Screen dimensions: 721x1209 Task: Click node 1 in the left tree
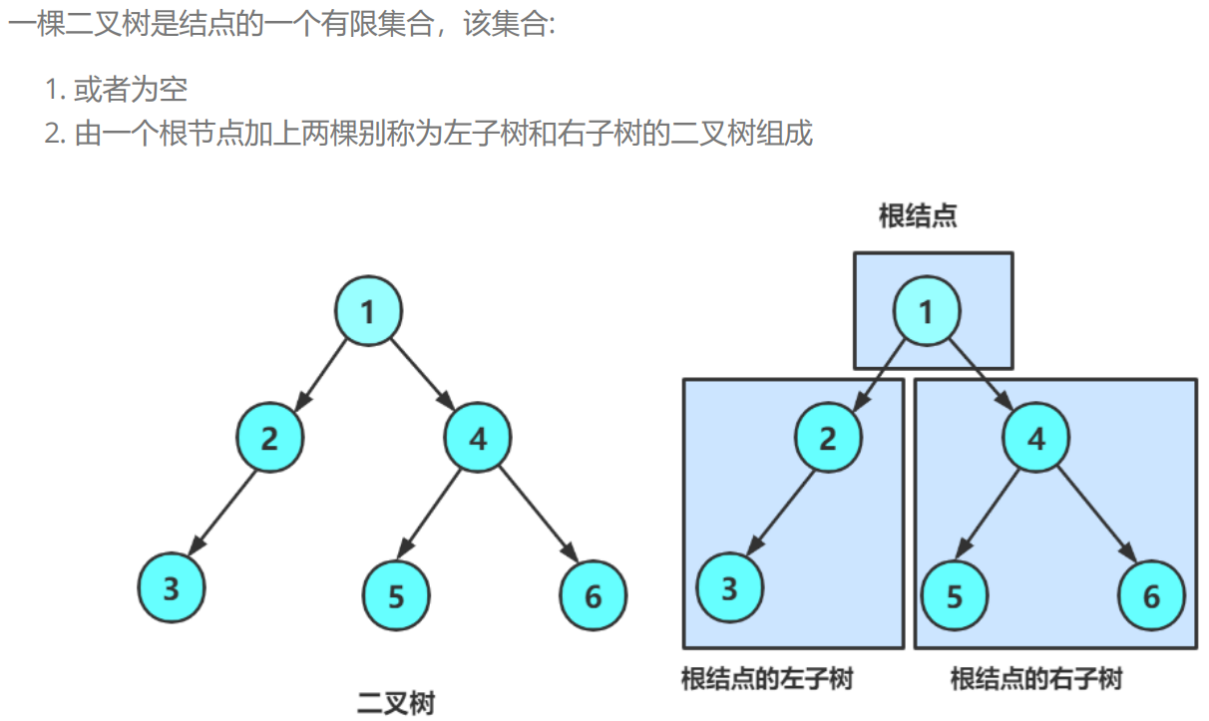368,312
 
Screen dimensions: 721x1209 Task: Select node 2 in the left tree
269,438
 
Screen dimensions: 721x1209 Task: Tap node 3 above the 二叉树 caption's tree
171,588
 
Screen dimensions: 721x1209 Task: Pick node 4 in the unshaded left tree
477,438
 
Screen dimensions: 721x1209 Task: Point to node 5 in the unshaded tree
396,596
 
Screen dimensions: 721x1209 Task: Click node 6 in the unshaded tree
594,596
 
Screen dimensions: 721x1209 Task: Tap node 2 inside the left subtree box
828,438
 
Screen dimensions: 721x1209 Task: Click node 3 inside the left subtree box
729,588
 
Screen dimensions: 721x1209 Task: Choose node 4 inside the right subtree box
1035,438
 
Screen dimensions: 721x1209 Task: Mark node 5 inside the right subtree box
955,596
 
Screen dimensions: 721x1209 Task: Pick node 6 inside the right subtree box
1152,596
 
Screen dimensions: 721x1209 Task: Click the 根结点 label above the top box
918,216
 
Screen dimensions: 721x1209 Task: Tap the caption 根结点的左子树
766,680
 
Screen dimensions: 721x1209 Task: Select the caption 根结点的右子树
1035,680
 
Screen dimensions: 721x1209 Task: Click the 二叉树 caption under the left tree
396,702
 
